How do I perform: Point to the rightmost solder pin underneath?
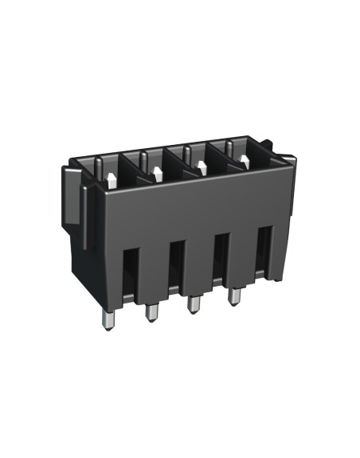pyautogui.click(x=235, y=297)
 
